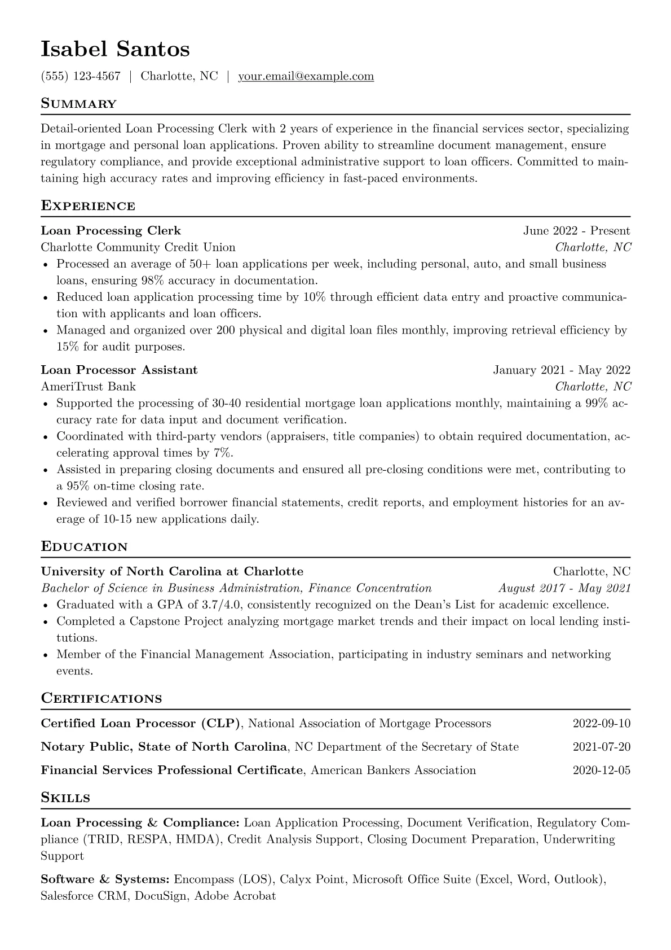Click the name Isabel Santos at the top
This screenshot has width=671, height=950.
tap(115, 50)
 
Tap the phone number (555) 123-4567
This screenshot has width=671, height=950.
tap(81, 76)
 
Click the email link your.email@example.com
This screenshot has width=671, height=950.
tap(306, 76)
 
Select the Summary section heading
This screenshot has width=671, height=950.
tap(78, 104)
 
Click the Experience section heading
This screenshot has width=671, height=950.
tap(88, 206)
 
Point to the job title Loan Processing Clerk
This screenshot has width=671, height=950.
tap(111, 231)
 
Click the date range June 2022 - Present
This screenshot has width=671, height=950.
tap(576, 231)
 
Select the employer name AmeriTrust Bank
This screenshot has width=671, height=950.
tap(88, 387)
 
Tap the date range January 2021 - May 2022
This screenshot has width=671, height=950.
tap(561, 370)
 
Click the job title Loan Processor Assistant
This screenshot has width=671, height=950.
tap(119, 370)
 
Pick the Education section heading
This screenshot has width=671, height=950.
tap(84, 547)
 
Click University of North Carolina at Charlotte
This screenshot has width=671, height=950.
tap(172, 571)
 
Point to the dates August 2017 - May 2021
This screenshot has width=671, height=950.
tap(564, 588)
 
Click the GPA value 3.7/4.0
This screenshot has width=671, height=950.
tap(222, 605)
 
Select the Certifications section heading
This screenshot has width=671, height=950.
tap(101, 699)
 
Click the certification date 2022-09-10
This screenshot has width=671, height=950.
tap(601, 724)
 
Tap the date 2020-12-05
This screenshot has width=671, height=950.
tap(601, 770)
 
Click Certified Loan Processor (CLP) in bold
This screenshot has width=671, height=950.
tap(141, 724)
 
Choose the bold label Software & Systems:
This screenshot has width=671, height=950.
tap(105, 879)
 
